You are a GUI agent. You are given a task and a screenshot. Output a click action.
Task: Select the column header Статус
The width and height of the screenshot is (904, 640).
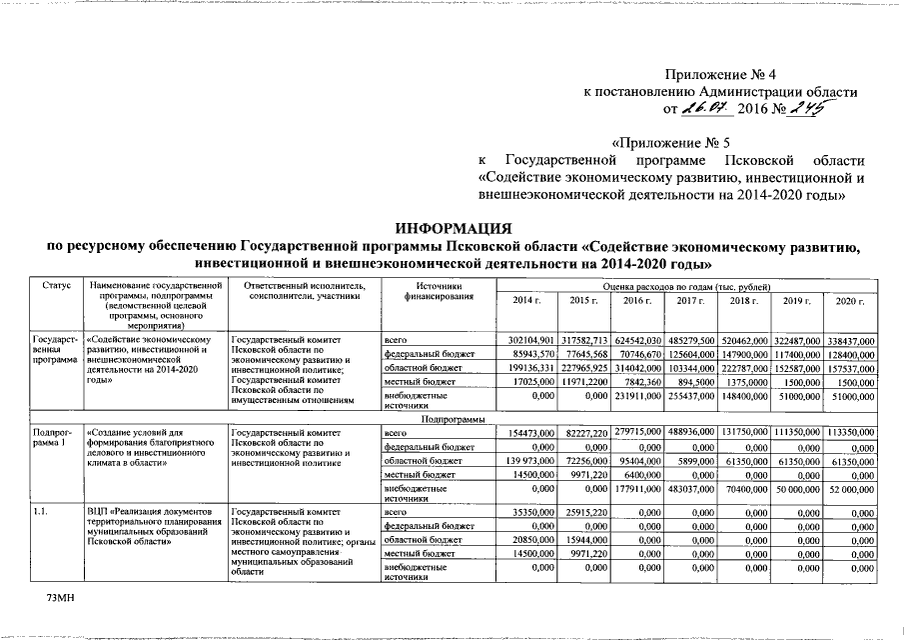(x=57, y=287)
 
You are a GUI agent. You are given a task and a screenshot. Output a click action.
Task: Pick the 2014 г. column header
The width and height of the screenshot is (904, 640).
(x=526, y=301)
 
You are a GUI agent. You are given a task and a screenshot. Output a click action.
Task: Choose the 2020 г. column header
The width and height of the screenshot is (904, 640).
(x=848, y=301)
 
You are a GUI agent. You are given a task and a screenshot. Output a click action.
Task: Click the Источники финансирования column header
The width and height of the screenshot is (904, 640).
(x=436, y=292)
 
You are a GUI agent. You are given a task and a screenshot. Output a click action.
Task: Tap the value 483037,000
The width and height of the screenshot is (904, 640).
(x=691, y=489)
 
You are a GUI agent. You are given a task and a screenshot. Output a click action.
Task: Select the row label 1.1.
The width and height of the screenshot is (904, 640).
(x=41, y=512)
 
